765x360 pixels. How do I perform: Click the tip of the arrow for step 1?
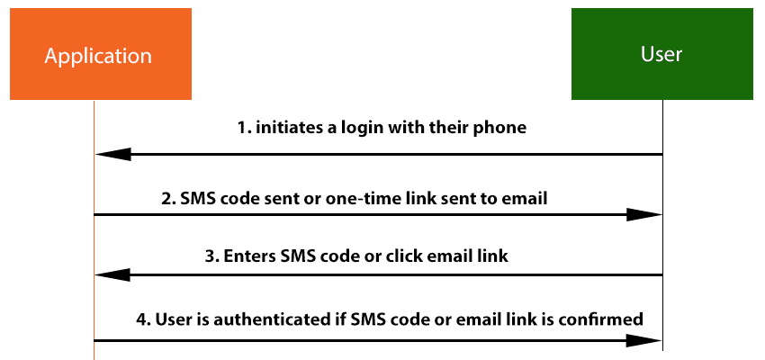pyautogui.click(x=95, y=154)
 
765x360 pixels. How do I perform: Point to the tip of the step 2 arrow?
pyautogui.click(x=662, y=214)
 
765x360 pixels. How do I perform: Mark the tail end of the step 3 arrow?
pyautogui.click(x=662, y=275)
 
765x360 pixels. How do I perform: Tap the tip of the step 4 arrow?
pyautogui.click(x=662, y=340)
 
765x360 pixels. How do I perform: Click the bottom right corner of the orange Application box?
pyautogui.click(x=191, y=100)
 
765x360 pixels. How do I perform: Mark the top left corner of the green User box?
pyautogui.click(x=571, y=8)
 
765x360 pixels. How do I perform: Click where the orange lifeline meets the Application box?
pyautogui.click(x=94, y=100)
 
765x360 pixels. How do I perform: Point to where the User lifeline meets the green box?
pyautogui.click(x=662, y=100)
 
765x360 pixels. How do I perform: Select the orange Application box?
pyautogui.click(x=101, y=54)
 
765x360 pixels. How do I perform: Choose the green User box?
pyautogui.click(x=662, y=54)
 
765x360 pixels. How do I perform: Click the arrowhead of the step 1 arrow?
pyautogui.click(x=113, y=154)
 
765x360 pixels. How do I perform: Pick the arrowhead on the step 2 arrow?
pyautogui.click(x=644, y=214)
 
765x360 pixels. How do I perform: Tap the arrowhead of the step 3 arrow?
pyautogui.click(x=113, y=275)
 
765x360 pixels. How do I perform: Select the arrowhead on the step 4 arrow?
pyautogui.click(x=644, y=340)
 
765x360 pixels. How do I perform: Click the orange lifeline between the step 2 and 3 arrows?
pyautogui.click(x=94, y=245)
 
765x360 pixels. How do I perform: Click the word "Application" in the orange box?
pyautogui.click(x=98, y=57)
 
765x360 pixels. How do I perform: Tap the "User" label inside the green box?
pyautogui.click(x=661, y=54)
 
